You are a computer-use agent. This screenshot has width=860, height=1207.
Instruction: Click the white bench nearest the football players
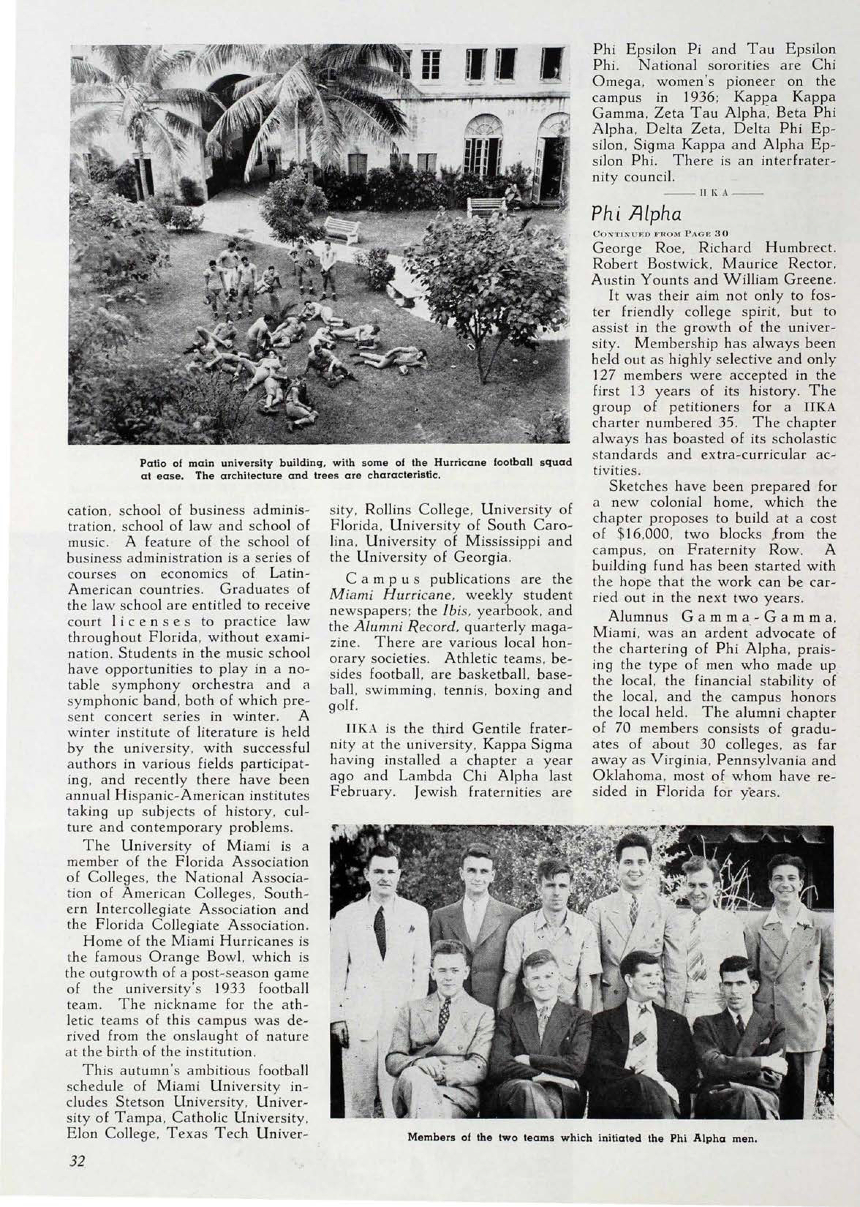pos(342,229)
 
